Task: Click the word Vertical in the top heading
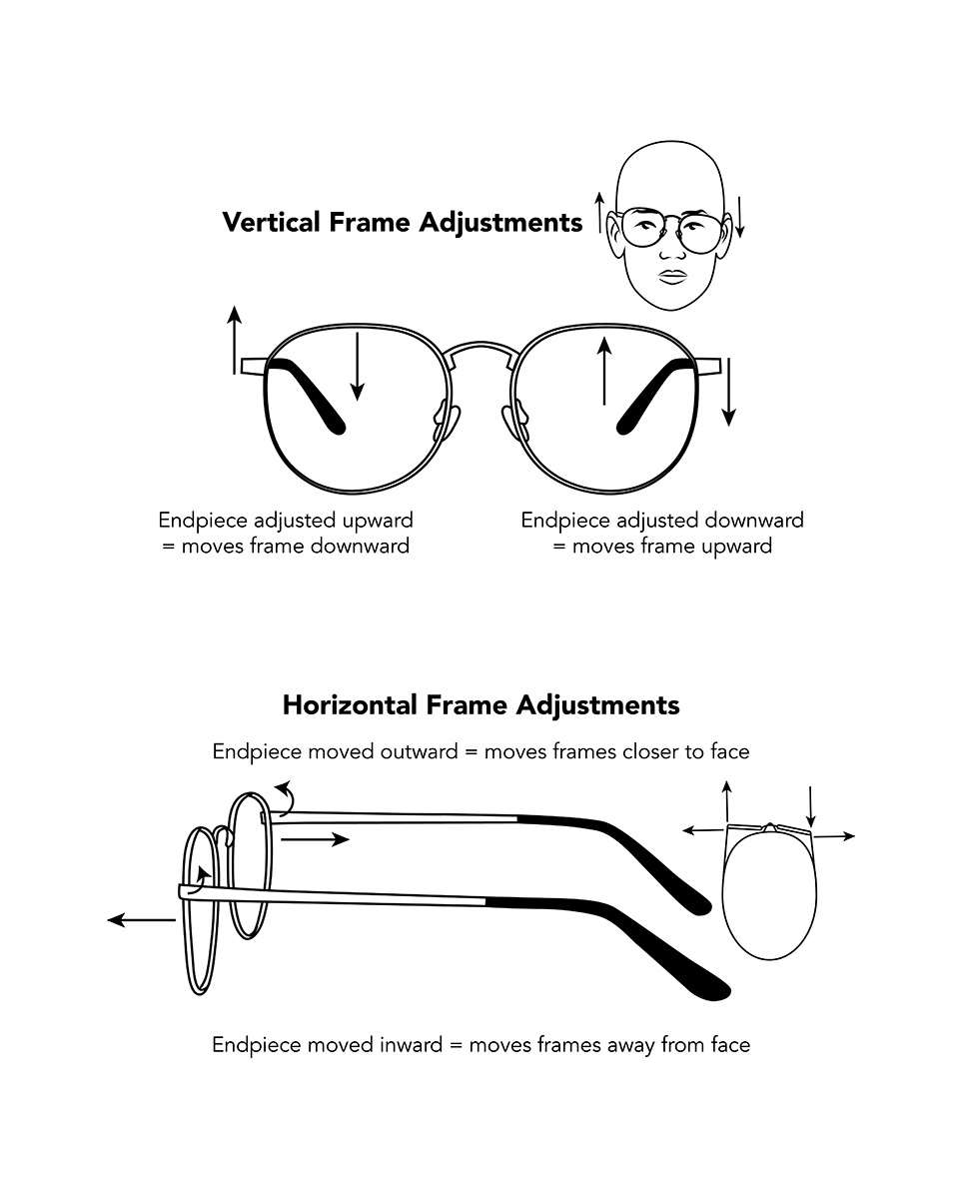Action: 271,222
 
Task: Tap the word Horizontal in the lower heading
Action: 350,704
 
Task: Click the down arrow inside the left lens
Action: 357,366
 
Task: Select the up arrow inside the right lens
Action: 604,371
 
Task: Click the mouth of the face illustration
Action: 673,277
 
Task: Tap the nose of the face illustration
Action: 673,252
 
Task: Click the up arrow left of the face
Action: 599,212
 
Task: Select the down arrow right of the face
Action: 740,217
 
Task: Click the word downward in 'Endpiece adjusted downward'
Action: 754,521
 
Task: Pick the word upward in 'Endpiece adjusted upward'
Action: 378,521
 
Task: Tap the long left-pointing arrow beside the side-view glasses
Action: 142,919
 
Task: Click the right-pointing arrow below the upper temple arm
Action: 315,839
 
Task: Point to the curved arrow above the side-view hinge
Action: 287,796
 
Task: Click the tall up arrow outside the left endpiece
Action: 235,340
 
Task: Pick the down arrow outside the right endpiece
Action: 728,393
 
